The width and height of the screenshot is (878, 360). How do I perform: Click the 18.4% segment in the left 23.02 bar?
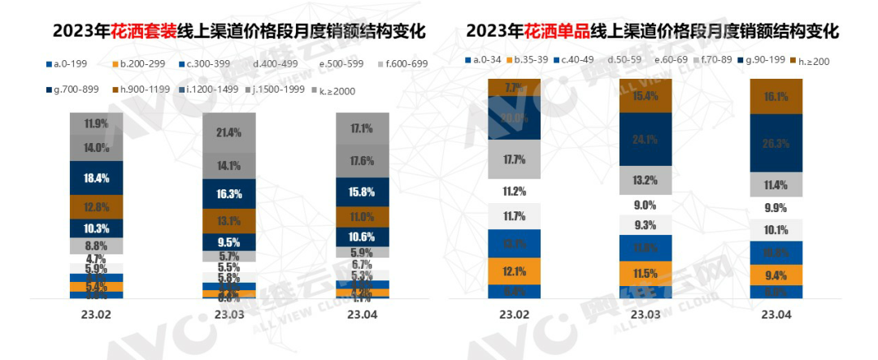(x=96, y=177)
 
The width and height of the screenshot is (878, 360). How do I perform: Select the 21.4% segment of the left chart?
(x=228, y=132)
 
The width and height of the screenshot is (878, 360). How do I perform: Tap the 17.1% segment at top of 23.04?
(x=362, y=128)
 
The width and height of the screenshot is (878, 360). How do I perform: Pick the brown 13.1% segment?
(x=228, y=220)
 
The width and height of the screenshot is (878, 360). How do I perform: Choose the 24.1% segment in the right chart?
(x=645, y=139)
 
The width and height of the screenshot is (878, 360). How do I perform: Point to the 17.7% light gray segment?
(x=514, y=159)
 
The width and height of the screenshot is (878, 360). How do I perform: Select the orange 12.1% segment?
(x=514, y=271)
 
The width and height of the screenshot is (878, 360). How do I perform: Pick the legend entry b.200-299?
(x=146, y=63)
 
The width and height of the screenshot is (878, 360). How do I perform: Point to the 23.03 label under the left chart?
(x=228, y=313)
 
